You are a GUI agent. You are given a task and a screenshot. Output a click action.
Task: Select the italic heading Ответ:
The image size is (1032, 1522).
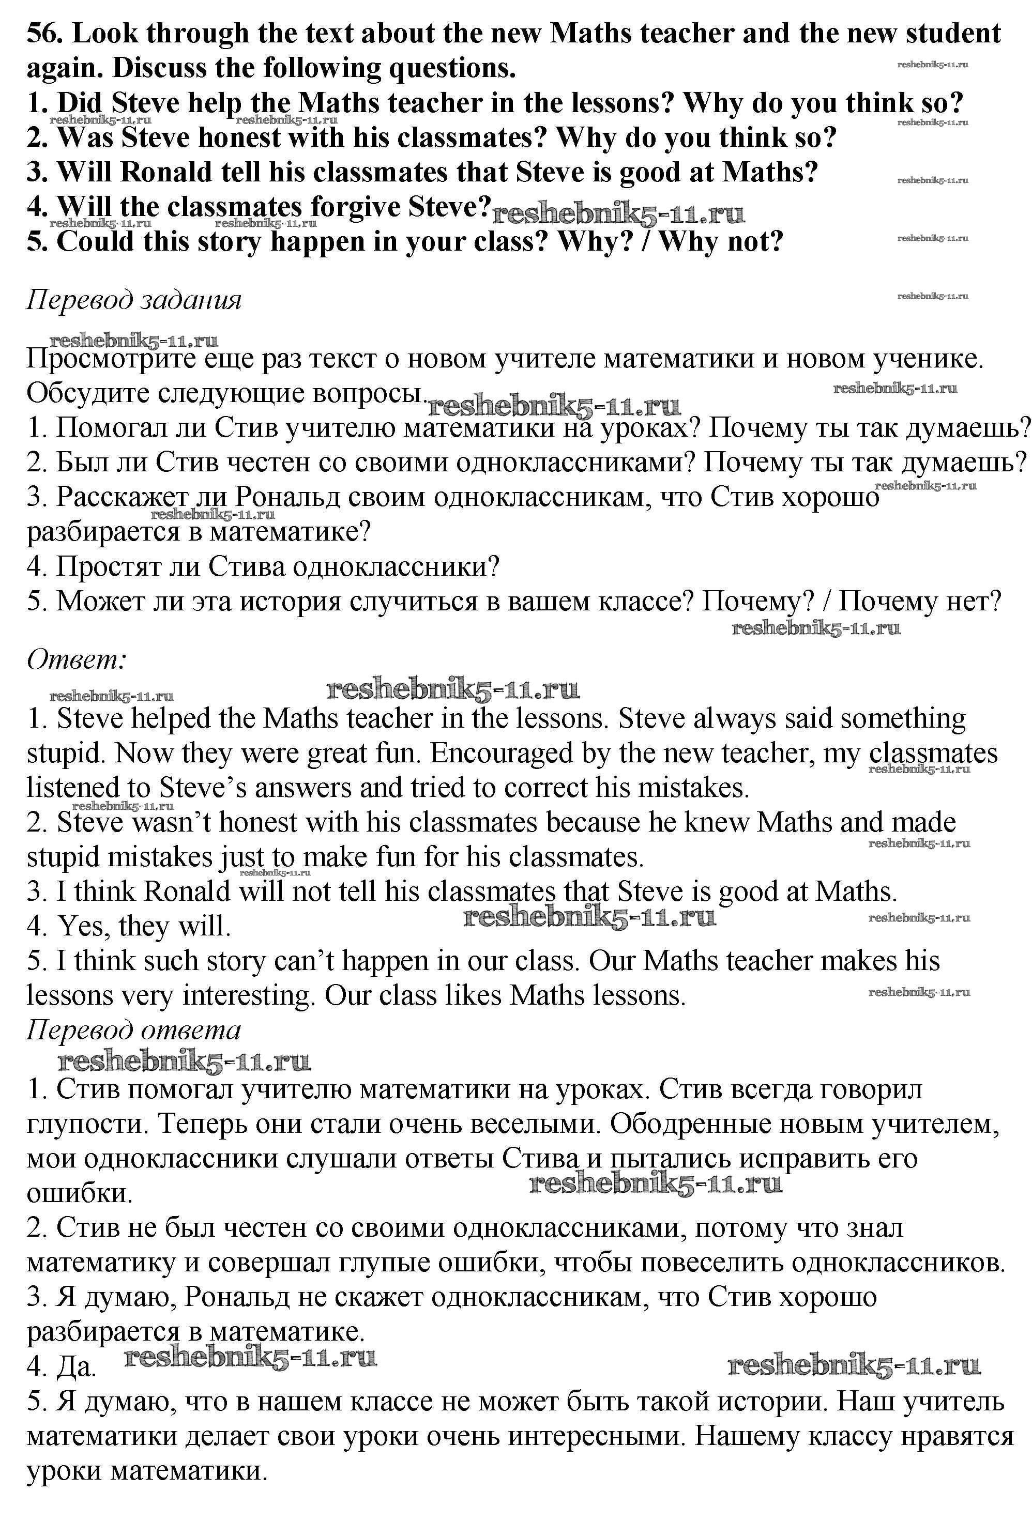(76, 659)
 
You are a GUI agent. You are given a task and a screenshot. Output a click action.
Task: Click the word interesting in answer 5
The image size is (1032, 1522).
(249, 995)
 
